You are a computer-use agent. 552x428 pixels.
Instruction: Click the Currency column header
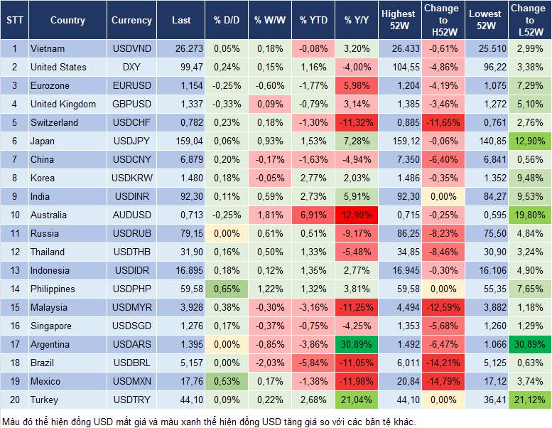pos(131,21)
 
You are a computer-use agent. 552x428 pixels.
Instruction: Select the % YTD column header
pos(313,21)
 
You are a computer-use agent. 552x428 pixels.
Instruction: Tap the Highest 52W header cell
pos(398,21)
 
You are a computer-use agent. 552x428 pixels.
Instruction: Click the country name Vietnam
pos(48,48)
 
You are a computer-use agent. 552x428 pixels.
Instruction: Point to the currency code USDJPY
pos(131,141)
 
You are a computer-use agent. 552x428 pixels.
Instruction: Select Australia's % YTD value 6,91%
pos(313,215)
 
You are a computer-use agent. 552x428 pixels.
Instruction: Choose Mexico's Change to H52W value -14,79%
pos(441,381)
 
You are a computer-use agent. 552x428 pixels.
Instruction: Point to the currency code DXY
pos(131,67)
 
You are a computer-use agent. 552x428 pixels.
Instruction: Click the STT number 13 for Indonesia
pos(13,270)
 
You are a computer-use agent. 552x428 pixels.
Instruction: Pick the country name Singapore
pos(51,326)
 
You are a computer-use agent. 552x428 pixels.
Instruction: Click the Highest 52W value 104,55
pos(398,67)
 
